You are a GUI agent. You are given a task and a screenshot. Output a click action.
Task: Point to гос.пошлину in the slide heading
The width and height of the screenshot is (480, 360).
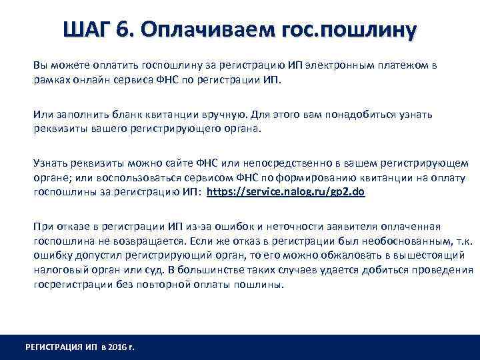pos(346,30)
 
